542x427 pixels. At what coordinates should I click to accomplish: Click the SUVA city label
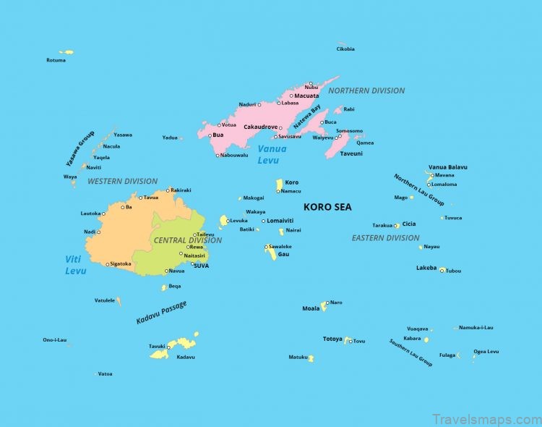tap(201, 266)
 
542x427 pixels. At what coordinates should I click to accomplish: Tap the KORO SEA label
tap(327, 207)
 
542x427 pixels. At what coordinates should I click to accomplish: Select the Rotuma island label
tap(56, 60)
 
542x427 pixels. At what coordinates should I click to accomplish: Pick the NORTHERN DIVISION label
tap(366, 90)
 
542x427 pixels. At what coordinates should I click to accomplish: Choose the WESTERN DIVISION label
tap(122, 181)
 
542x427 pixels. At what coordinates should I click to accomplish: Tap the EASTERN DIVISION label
tap(385, 237)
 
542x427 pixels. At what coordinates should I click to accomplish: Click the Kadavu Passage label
tap(161, 312)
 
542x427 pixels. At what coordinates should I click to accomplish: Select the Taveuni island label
tap(351, 153)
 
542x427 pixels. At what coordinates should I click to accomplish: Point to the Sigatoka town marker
tap(108, 264)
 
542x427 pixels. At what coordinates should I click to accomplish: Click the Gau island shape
tap(270, 251)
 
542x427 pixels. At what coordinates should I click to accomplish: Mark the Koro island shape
tap(279, 185)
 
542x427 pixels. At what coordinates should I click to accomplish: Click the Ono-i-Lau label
tap(55, 339)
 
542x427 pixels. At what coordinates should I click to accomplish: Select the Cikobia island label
tap(345, 49)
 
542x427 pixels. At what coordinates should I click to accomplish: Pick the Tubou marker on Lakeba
tap(442, 271)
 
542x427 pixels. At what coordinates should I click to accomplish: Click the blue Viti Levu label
tap(75, 264)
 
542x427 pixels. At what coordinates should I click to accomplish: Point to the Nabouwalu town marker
tap(218, 155)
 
